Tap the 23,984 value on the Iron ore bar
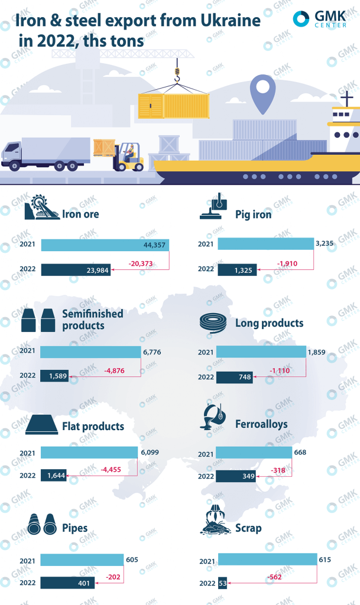[94, 269]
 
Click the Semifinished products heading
[92, 320]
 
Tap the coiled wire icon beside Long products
[214, 323]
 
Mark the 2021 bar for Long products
[260, 352]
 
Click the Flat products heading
[93, 426]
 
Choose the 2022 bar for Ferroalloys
[235, 476]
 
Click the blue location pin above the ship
[263, 92]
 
